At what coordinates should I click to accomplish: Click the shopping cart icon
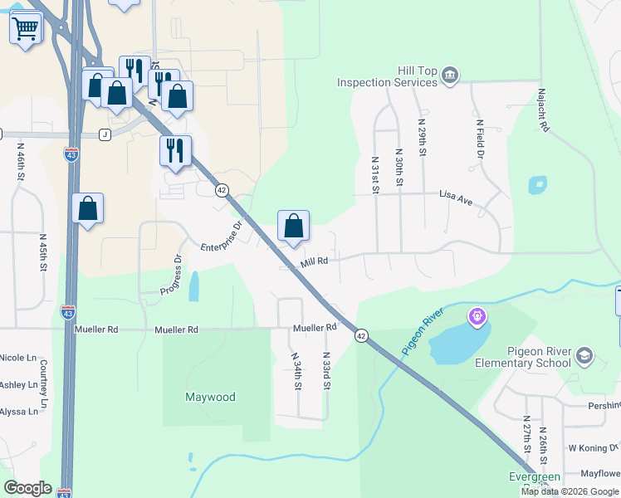coord(26,29)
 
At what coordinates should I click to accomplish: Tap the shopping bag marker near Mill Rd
coord(293,225)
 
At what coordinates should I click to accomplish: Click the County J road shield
coord(105,134)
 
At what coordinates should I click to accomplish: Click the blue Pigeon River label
coord(423,332)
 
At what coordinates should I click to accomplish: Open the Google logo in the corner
coord(27,488)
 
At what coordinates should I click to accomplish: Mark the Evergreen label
coord(535,477)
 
